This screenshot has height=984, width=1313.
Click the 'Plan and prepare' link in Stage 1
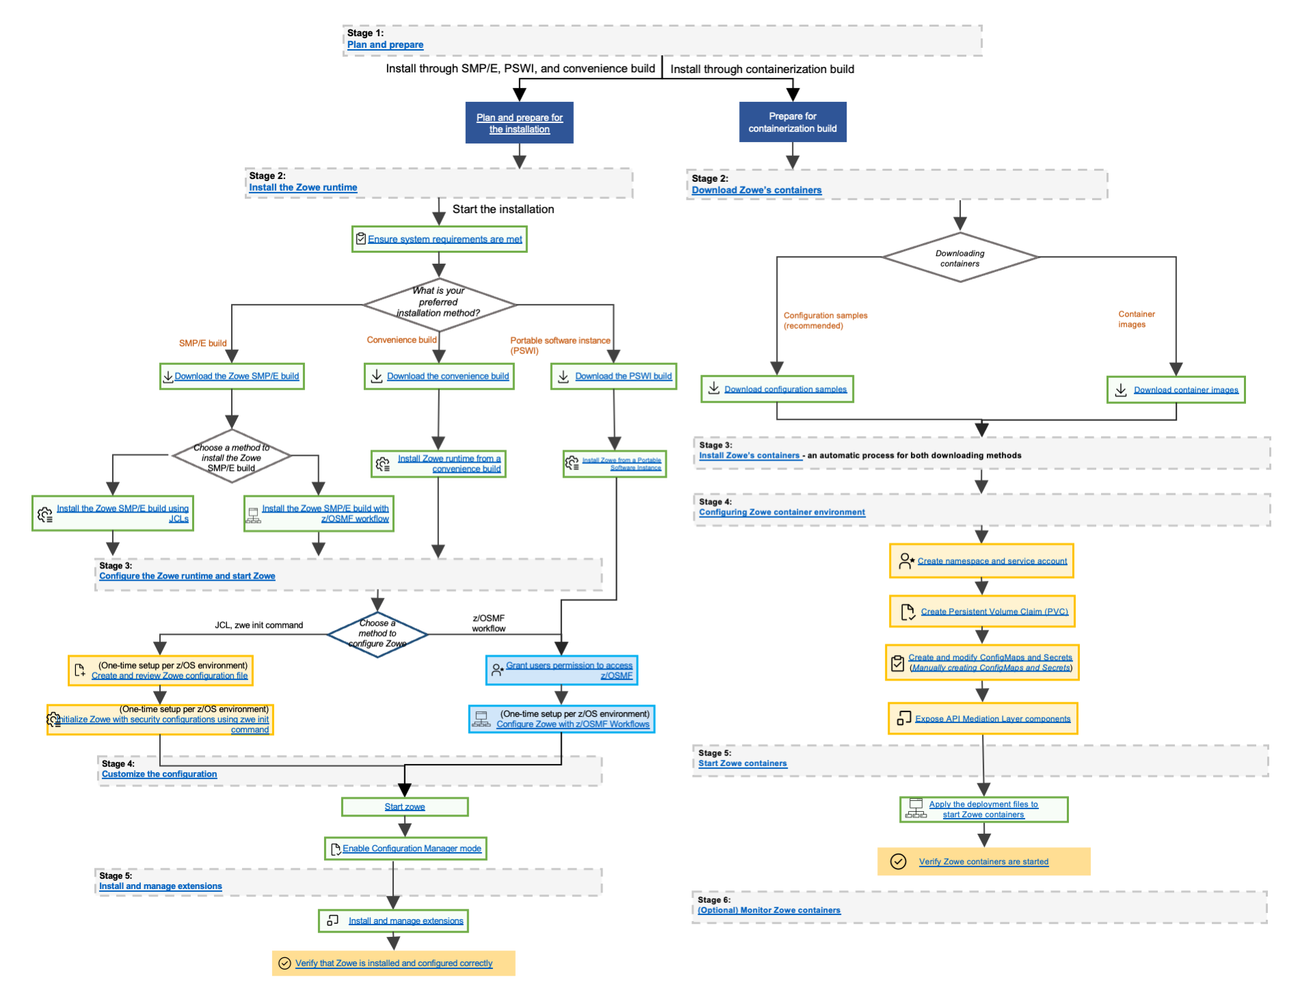385,45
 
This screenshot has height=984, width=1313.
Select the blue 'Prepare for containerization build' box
792,122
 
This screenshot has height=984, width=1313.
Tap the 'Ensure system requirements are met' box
439,239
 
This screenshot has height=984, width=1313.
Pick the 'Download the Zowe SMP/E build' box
232,377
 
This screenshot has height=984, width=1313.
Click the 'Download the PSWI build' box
613,377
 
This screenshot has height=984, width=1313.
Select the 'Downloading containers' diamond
959,258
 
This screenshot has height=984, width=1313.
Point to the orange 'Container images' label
1136,319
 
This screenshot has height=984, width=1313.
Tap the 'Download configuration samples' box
777,389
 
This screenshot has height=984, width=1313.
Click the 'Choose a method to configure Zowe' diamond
377,634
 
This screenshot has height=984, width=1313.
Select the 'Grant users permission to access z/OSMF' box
561,670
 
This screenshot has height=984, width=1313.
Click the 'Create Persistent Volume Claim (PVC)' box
981,612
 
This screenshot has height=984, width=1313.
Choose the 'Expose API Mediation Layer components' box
983,719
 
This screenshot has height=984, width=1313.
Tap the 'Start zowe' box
405,807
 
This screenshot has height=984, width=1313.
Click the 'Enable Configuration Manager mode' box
406,849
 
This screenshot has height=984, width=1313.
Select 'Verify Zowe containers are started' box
983,862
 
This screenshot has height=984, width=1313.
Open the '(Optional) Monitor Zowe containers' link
769,910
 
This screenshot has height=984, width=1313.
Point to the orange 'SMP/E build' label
202,343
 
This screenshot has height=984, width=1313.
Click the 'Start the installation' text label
503,209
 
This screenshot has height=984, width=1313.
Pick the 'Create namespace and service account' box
981,561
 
